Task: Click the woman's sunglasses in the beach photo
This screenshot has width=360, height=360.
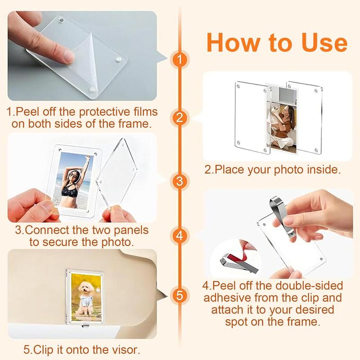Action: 73,175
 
